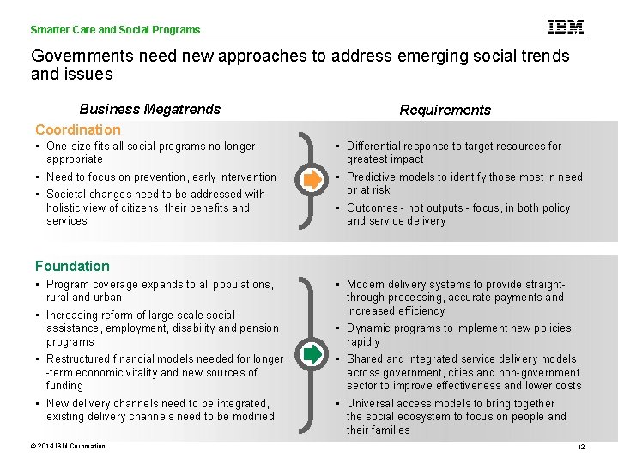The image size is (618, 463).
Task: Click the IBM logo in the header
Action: pyautogui.click(x=565, y=27)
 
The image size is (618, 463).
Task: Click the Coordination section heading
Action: pyautogui.click(x=78, y=129)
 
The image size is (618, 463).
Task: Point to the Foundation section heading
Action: pyautogui.click(x=72, y=266)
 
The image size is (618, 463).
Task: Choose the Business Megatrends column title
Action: pyautogui.click(x=149, y=109)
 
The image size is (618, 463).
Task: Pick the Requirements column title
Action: pyautogui.click(x=445, y=110)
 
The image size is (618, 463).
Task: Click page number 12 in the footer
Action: pyautogui.click(x=581, y=448)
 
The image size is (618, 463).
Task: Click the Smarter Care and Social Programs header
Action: pyautogui.click(x=115, y=30)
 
